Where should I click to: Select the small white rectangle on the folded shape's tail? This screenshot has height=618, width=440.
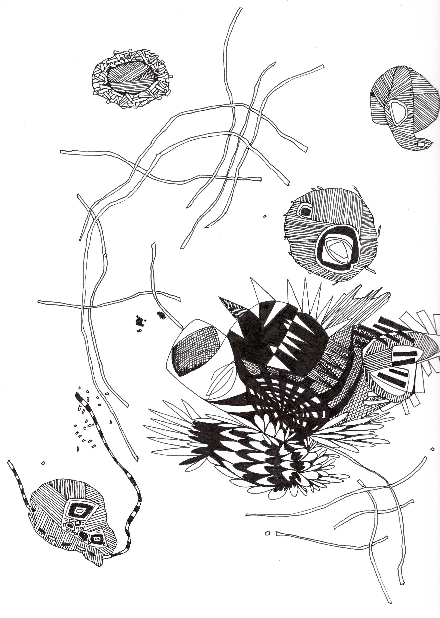point(421,144)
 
